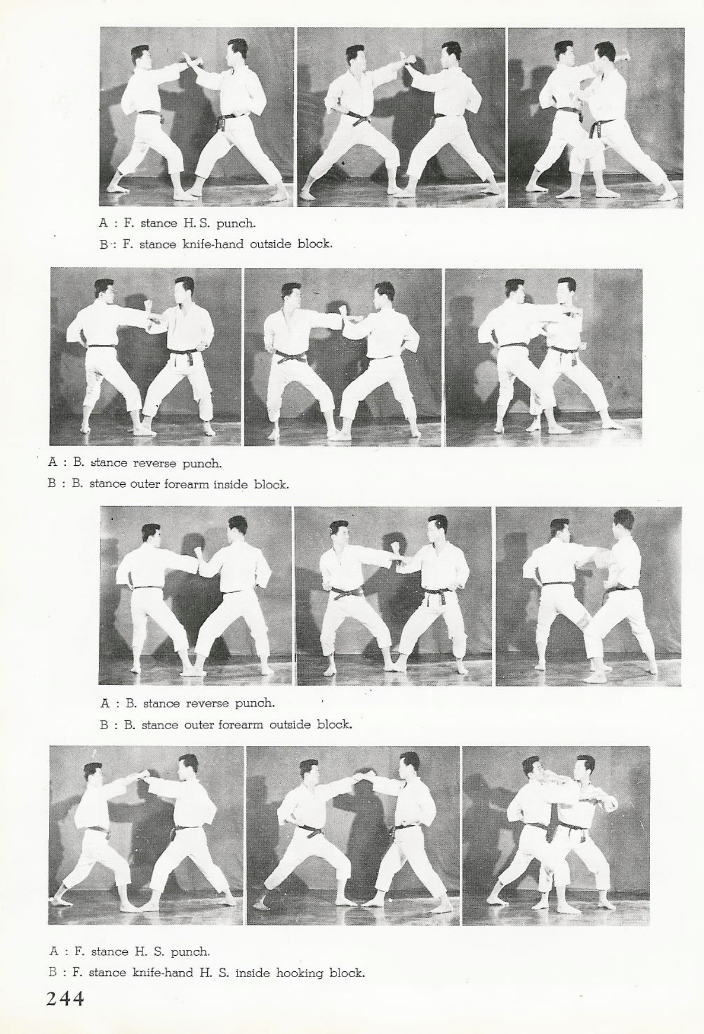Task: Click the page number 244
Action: [66, 998]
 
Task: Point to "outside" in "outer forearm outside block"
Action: [290, 725]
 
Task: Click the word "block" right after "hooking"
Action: [347, 973]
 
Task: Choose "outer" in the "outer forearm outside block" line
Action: [199, 725]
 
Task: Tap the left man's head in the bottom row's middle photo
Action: [308, 774]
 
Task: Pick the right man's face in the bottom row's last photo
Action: [584, 771]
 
